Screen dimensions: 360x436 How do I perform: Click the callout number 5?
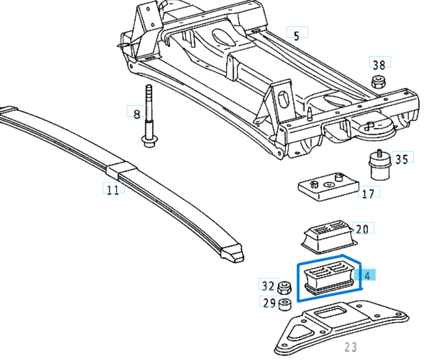coord(297,36)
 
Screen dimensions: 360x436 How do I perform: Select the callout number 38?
coord(379,64)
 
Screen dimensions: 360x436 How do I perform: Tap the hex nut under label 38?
coord(377,81)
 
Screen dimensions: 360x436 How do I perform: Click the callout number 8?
coord(137,113)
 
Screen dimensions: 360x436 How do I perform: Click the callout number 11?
coord(113,189)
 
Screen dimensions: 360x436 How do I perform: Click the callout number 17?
coord(368,194)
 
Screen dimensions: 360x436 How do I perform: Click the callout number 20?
coord(362,229)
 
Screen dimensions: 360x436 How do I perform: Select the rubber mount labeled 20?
coord(326,236)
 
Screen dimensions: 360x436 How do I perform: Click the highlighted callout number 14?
coord(366,275)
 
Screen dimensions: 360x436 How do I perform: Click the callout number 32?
coord(268,285)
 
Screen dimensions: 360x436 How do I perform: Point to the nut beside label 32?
coord(284,287)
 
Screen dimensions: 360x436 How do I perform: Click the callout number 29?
coord(269,303)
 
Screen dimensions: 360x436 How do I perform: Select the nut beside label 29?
coord(284,304)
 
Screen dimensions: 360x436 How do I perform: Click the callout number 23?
coord(351,347)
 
